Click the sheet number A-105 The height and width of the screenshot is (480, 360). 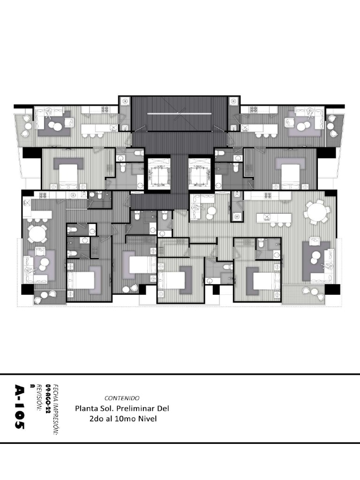(19, 406)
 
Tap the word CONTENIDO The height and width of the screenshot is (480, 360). (122, 398)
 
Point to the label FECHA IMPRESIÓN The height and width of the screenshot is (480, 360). (55, 409)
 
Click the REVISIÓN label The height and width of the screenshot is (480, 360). (39, 397)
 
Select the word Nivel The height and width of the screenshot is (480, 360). (148, 419)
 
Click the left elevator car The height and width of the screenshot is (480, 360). (158, 174)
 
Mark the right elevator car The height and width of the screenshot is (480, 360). (199, 174)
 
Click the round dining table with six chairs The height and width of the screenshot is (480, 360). (317, 211)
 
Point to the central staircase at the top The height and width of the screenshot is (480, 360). (180, 114)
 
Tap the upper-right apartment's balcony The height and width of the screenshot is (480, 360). (335, 128)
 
